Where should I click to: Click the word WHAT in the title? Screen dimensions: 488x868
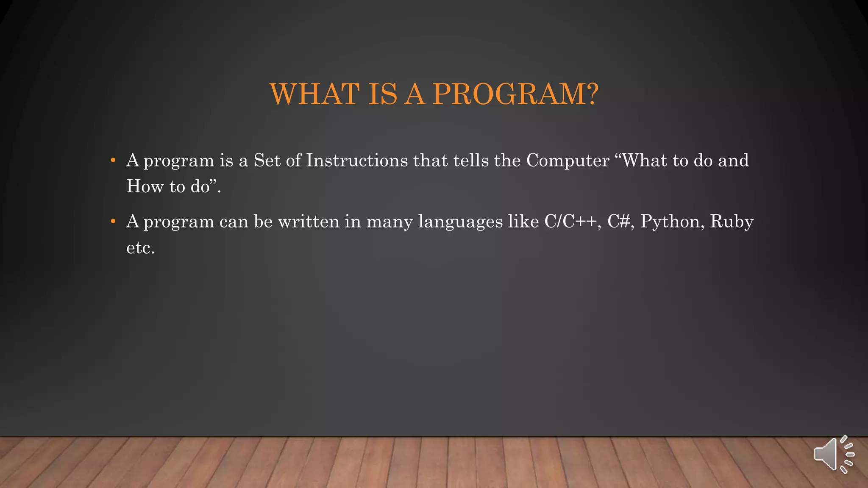click(x=314, y=94)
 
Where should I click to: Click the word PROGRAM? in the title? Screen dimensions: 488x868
click(x=515, y=94)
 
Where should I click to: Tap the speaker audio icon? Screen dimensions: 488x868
click(x=833, y=455)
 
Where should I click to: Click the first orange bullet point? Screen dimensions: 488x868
click(x=113, y=161)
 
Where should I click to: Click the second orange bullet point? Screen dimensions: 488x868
click(x=113, y=222)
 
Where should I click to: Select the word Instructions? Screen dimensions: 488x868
click(x=356, y=161)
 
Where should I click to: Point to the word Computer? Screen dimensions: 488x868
click(x=568, y=161)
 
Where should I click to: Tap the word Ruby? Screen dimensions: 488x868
click(x=732, y=222)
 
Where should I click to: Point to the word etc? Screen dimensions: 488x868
click(x=140, y=248)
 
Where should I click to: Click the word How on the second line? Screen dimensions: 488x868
click(x=145, y=186)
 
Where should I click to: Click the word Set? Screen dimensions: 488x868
click(x=267, y=161)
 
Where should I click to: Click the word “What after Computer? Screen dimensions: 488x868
click(x=640, y=161)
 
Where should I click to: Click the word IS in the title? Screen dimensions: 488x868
click(x=382, y=94)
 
